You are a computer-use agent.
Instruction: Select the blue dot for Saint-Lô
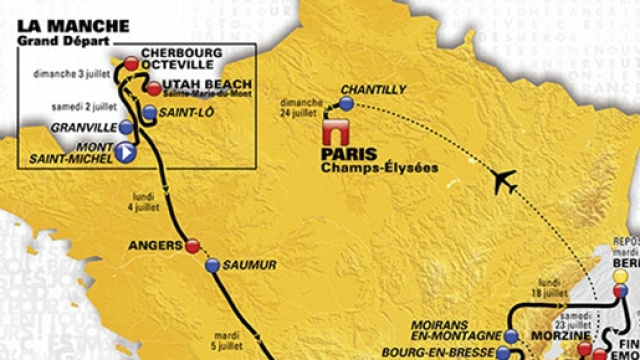pos(150,113)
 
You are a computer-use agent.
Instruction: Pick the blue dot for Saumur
pos(212,265)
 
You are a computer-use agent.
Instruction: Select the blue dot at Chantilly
pos(346,102)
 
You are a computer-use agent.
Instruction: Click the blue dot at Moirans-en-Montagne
pos(513,336)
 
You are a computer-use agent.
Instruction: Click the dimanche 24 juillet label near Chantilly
pos(300,107)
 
